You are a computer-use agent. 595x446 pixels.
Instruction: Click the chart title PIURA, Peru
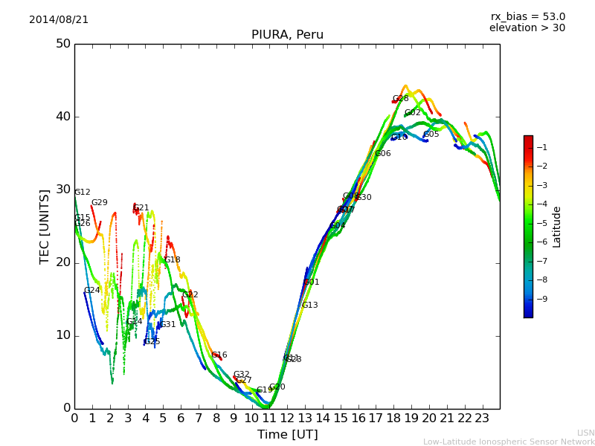pyautogui.click(x=287, y=35)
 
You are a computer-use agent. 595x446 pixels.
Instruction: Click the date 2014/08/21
pyautogui.click(x=59, y=20)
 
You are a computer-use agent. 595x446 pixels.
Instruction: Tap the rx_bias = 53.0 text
pyautogui.click(x=527, y=17)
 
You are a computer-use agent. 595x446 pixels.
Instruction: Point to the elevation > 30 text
pyautogui.click(x=527, y=28)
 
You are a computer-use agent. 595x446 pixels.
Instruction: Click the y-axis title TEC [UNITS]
pyautogui.click(x=45, y=226)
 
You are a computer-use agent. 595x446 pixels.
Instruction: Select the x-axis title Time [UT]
pyautogui.click(x=287, y=435)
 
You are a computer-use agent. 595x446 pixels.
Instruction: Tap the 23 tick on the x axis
pyautogui.click(x=481, y=418)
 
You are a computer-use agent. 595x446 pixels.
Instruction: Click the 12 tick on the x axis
pyautogui.click(x=287, y=418)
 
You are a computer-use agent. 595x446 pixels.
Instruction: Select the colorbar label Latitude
pyautogui.click(x=557, y=227)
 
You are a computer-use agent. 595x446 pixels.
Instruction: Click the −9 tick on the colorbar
pyautogui.click(x=542, y=299)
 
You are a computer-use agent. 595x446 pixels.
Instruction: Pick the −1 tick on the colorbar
pyautogui.click(x=542, y=147)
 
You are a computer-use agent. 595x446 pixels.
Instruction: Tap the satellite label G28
pyautogui.click(x=401, y=99)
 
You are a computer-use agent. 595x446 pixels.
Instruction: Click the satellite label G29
pyautogui.click(x=100, y=203)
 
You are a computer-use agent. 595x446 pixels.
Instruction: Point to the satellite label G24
pyautogui.click(x=92, y=291)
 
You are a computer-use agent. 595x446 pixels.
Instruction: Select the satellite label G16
pyautogui.click(x=219, y=355)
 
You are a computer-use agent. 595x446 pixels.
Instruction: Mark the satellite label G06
pyautogui.click(x=383, y=154)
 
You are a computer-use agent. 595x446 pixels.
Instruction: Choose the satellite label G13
pyautogui.click(x=310, y=306)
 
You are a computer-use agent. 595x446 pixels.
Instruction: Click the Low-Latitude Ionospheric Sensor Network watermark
pyautogui.click(x=509, y=442)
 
